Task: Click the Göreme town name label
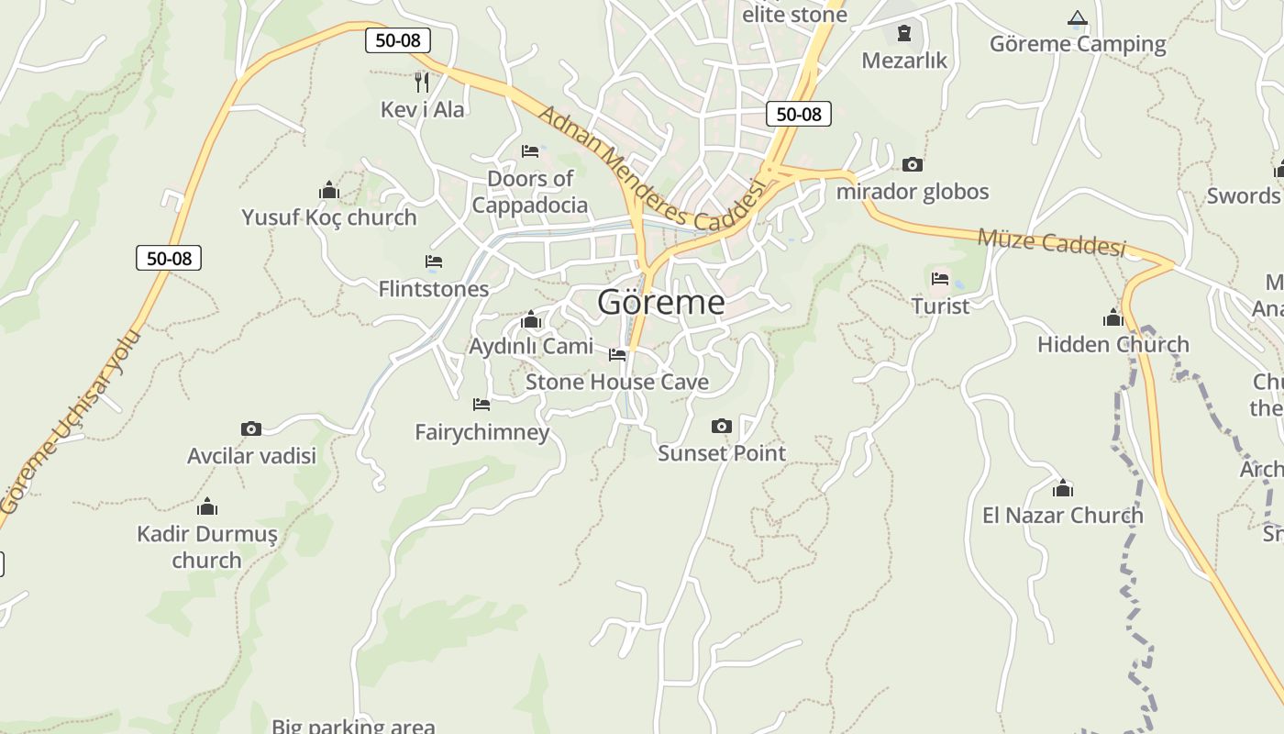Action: (x=660, y=302)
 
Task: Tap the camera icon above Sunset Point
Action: (x=722, y=426)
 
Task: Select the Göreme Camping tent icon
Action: (x=1078, y=18)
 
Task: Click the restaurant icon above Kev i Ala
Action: (x=422, y=82)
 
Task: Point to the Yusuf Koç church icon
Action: (x=329, y=190)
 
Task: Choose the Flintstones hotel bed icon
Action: (x=434, y=261)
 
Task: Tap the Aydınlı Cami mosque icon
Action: (x=530, y=319)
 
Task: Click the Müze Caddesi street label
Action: (x=1051, y=242)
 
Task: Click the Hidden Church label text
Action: (x=1112, y=344)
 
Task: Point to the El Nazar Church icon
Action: (x=1063, y=488)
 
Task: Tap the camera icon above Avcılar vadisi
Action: (x=251, y=428)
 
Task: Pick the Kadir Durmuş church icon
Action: (x=207, y=506)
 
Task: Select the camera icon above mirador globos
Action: (x=913, y=165)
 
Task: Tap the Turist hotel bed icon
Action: (x=940, y=279)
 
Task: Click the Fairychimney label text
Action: (x=481, y=431)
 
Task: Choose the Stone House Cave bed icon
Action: (x=617, y=354)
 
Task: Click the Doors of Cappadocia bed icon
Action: (x=530, y=151)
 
